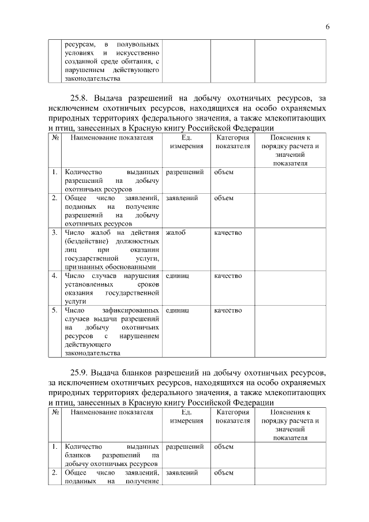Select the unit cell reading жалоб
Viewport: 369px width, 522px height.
pos(176,232)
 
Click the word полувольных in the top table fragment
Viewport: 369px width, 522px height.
pos(138,44)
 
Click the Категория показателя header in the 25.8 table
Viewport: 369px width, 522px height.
pos(232,142)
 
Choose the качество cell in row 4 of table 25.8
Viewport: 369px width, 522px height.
pos(228,276)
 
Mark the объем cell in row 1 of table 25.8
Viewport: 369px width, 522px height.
pos(224,172)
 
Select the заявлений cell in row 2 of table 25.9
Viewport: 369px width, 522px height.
pos(182,472)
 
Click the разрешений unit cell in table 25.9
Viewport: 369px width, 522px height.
pos(184,446)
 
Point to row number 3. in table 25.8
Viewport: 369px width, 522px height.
pos(54,232)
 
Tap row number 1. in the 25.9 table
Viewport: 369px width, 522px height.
pos(54,446)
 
